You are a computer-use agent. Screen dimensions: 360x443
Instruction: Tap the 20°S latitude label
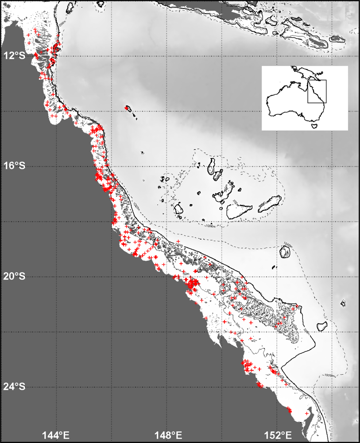click(14, 276)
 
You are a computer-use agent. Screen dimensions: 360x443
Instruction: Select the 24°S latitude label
click(14, 387)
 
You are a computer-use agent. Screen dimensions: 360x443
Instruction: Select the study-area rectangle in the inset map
click(317, 91)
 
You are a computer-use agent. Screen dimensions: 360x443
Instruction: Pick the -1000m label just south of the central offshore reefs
click(210, 226)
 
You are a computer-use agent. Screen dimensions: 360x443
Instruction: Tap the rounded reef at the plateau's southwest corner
click(179, 208)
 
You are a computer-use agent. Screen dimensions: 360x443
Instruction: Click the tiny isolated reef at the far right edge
click(343, 303)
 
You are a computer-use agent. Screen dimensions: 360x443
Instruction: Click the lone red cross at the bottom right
click(307, 414)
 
